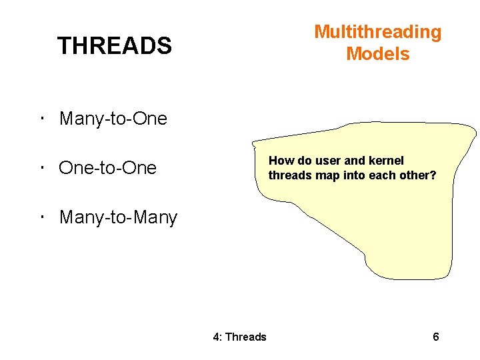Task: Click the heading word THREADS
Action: tap(114, 46)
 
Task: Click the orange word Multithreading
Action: tap(377, 32)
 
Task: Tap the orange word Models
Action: tap(377, 54)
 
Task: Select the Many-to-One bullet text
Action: tap(113, 119)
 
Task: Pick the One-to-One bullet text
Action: tap(107, 168)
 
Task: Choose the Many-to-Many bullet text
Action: tap(118, 217)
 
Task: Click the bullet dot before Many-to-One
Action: tap(41, 119)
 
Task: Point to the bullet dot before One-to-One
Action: tap(41, 168)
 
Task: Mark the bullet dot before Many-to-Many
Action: tap(41, 217)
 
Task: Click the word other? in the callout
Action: tap(417, 175)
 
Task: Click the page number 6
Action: tap(435, 337)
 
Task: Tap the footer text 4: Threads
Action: tap(239, 337)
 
